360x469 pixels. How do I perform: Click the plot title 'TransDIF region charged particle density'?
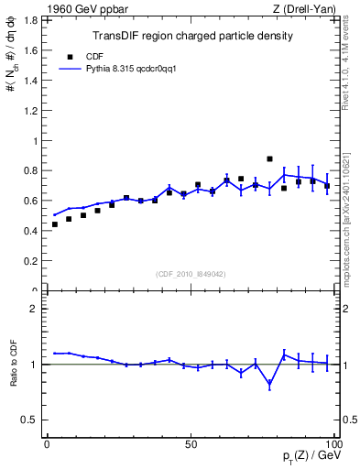[192, 37]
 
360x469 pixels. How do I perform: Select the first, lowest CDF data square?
[54, 224]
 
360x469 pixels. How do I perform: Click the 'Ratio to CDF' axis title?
[13, 364]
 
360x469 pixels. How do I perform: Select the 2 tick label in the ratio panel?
[32, 309]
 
